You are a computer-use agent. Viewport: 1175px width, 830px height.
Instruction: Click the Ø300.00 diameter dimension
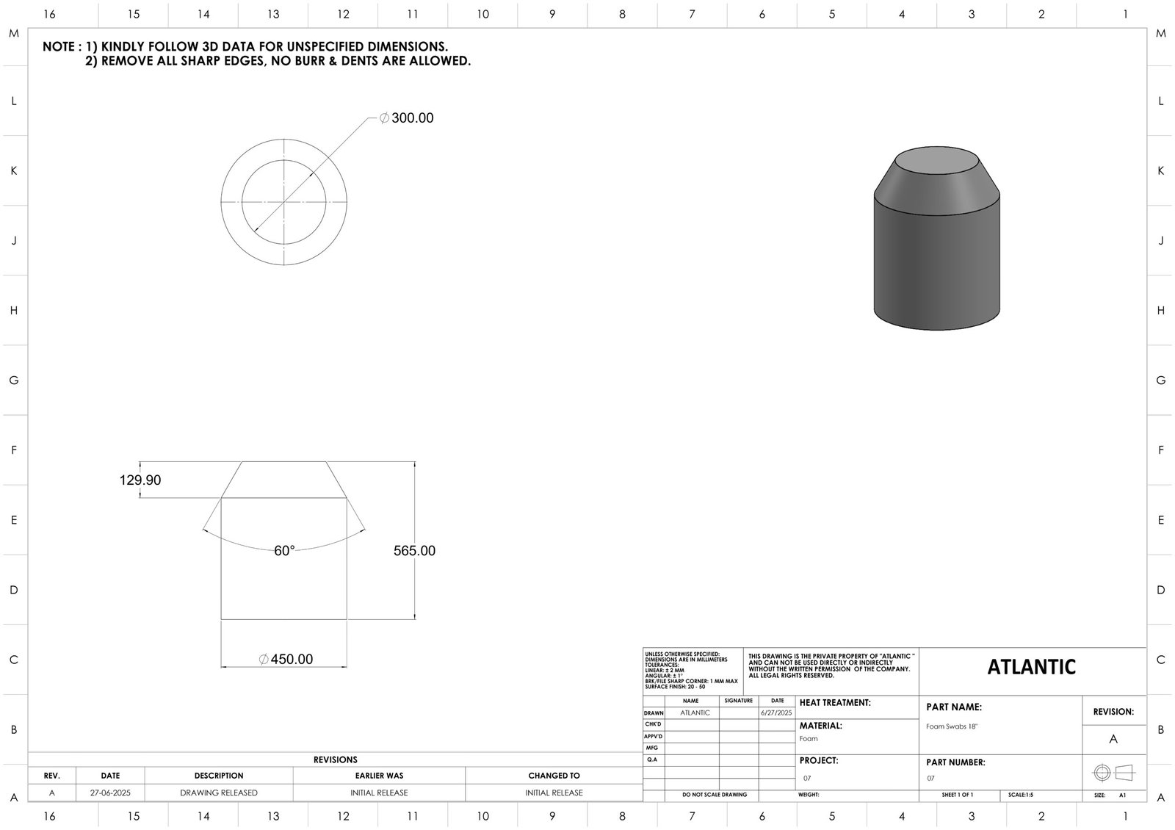pos(407,118)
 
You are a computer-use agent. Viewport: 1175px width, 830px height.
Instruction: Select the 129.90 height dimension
pos(140,480)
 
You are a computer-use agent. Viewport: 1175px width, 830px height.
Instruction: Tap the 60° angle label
pos(284,551)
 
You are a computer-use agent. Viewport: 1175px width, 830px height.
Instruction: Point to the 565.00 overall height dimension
pos(414,551)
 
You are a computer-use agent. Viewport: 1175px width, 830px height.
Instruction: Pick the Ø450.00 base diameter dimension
pos(286,660)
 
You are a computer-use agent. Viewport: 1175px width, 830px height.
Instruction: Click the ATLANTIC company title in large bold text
pos(1031,667)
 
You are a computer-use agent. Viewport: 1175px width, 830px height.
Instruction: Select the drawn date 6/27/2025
pos(776,713)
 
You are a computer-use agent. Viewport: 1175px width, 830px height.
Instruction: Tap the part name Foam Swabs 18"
pos(952,726)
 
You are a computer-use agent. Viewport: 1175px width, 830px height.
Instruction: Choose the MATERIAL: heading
pos(820,726)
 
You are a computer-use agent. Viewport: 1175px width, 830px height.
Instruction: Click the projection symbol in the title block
pos(1113,773)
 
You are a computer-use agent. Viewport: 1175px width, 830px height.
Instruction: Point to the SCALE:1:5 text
pos(1021,795)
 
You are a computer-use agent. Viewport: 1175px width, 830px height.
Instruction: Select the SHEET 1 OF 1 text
pos(957,795)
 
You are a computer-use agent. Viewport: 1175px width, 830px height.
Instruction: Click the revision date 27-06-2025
pos(110,793)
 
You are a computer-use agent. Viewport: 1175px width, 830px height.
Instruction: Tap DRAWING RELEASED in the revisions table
pos(219,793)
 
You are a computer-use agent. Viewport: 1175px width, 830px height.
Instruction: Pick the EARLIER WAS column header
pos(379,776)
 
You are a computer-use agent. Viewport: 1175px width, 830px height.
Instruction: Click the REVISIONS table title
pos(335,760)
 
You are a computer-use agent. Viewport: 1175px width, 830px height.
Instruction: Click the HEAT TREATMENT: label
pos(835,703)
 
